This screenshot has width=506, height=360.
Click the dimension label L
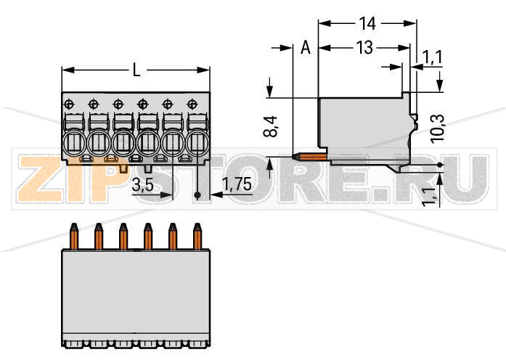(x=136, y=70)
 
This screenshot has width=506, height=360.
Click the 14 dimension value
(x=367, y=23)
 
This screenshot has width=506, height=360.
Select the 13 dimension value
(x=364, y=48)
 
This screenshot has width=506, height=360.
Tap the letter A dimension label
(x=306, y=48)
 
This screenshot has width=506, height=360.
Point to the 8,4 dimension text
(x=271, y=126)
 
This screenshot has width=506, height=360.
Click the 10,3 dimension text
(x=438, y=128)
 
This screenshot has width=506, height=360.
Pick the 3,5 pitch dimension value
(x=143, y=185)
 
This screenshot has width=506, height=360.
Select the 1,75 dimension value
(x=237, y=184)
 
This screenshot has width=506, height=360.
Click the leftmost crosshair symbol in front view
(x=69, y=105)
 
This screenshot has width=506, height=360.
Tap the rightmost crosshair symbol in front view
(x=192, y=105)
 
